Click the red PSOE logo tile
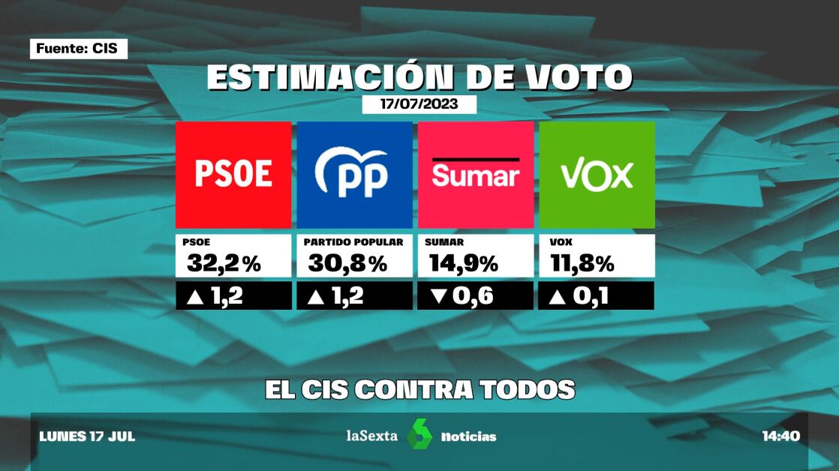click(x=233, y=175)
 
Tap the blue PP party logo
click(x=354, y=175)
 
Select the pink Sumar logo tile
click(x=476, y=175)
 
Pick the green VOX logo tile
click(x=597, y=175)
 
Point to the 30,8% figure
click(x=347, y=263)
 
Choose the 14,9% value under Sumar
click(x=464, y=263)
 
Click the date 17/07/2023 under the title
click(x=419, y=104)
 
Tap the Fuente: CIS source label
click(x=78, y=49)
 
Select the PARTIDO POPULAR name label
click(x=353, y=242)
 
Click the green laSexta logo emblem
click(x=419, y=436)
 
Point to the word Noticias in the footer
click(x=468, y=436)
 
